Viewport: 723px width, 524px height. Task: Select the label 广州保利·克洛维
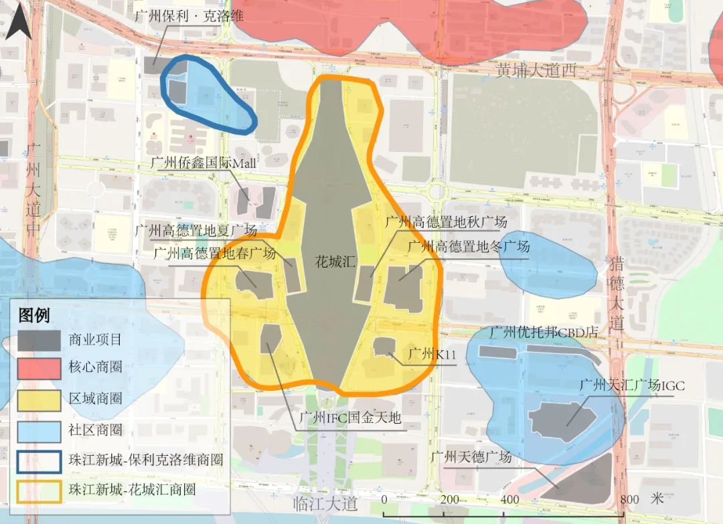pos(189,16)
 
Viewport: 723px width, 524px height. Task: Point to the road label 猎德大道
pos(616,294)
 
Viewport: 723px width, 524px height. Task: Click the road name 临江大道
pos(327,504)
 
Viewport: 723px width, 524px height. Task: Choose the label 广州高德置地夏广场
pos(196,231)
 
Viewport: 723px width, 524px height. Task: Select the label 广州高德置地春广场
pos(214,254)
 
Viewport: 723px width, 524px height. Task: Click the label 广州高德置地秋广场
pos(446,222)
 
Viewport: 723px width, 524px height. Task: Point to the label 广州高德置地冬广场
pos(469,246)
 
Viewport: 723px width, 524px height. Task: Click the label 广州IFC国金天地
pos(349,418)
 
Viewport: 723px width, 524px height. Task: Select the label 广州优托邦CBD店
pos(543,332)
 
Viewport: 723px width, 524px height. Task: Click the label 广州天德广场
pos(471,457)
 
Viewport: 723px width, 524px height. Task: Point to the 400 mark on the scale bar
pos(510,499)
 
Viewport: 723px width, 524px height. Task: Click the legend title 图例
pos(34,315)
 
